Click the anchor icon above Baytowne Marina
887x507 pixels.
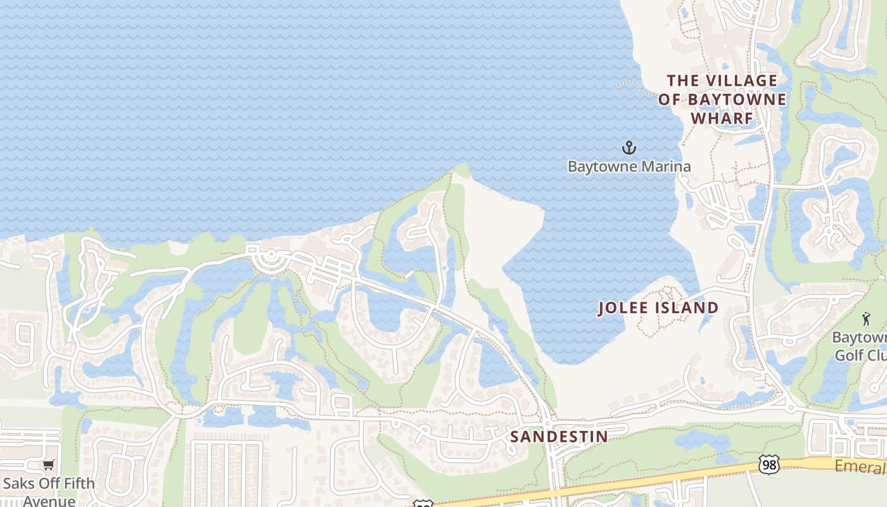629,148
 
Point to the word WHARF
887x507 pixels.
722,119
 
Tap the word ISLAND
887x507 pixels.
689,308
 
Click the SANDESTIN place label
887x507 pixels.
559,437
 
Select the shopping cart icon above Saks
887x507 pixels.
49,465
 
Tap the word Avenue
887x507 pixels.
49,501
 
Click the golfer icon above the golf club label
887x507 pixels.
866,319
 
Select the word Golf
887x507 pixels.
849,354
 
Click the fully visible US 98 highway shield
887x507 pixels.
769,465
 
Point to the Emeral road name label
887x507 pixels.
860,468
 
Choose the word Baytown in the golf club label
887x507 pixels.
859,337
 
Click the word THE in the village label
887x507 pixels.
683,80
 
